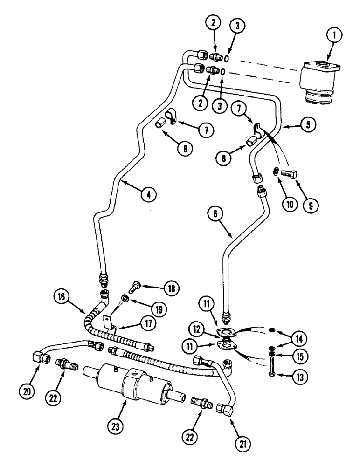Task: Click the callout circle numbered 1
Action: [x=335, y=34]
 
